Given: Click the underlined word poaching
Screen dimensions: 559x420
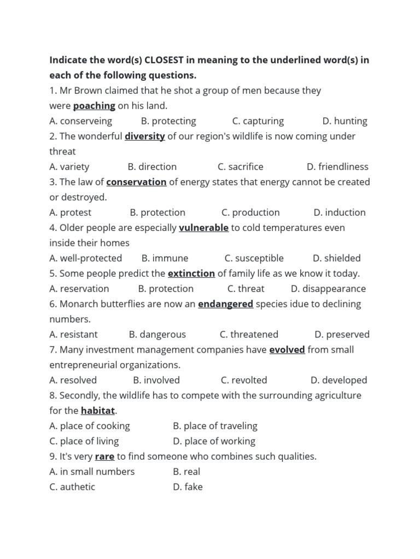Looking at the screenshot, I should click(x=94, y=106).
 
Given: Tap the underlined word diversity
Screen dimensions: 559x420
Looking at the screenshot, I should click(x=144, y=136).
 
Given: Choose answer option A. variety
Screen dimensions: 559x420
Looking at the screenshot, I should click(x=69, y=167).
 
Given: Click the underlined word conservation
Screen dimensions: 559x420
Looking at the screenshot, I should click(x=136, y=182).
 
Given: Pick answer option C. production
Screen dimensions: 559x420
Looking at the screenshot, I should click(x=250, y=213).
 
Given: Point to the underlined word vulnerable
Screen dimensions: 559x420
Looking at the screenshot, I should click(x=203, y=228).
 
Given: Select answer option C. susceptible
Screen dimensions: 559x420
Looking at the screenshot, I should click(x=254, y=258).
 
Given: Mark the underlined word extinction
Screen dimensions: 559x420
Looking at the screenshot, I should click(x=191, y=273).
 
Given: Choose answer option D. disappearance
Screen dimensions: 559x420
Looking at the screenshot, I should click(x=328, y=289).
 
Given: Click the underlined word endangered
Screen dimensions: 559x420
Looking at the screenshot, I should click(x=225, y=304).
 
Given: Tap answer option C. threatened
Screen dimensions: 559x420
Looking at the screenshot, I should click(x=249, y=335).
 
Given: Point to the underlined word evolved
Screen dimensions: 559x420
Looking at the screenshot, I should click(x=287, y=350).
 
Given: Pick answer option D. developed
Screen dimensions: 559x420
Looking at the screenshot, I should click(x=339, y=380).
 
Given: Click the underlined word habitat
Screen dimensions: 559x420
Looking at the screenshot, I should click(x=98, y=411).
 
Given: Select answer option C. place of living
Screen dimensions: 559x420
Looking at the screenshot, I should click(x=84, y=441).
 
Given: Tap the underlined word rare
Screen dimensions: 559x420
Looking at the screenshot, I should click(x=104, y=456).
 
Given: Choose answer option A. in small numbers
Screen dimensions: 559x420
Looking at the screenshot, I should click(x=92, y=472).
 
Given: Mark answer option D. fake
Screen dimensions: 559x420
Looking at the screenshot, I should click(x=188, y=487).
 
